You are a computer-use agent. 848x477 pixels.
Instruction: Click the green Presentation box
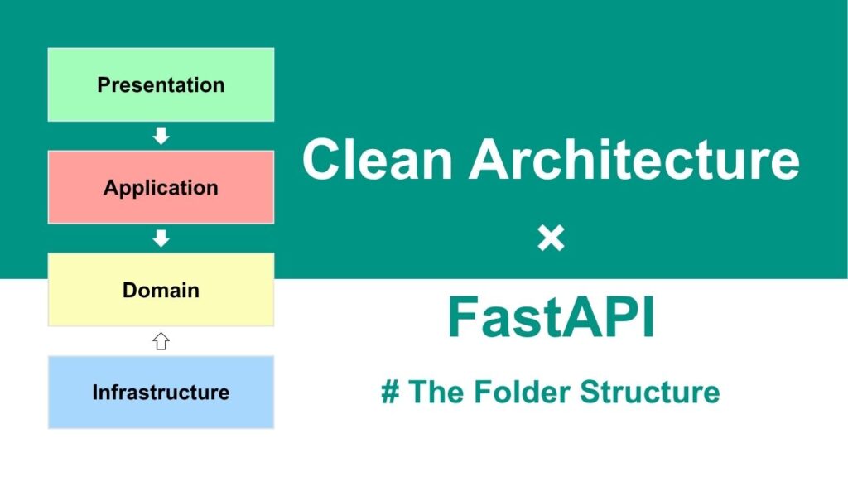pos(161,84)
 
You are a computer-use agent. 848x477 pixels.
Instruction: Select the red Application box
pos(161,187)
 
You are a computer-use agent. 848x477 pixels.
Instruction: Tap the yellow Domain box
pos(161,290)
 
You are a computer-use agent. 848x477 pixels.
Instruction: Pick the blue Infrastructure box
pos(161,392)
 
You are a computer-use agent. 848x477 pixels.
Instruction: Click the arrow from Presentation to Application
pos(161,136)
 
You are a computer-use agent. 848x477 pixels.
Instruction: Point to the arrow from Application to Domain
pos(161,238)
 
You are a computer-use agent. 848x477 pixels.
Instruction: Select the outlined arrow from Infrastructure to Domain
pos(161,341)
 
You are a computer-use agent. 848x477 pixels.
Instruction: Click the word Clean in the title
pos(377,159)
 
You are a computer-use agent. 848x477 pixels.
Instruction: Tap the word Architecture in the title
pos(634,159)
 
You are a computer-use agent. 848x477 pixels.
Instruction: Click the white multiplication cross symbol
pos(551,238)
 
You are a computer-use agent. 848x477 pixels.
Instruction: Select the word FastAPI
pos(551,317)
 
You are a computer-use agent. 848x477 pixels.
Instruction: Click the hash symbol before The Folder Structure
pos(391,392)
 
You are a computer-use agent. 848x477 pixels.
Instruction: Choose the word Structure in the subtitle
pos(650,392)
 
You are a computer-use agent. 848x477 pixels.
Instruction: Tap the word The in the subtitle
pos(436,392)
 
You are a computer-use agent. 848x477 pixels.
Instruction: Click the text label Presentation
pos(161,85)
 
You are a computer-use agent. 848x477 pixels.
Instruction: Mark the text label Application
pos(161,188)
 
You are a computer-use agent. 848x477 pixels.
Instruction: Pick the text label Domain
pos(161,291)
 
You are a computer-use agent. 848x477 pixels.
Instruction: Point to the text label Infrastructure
pos(161,392)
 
